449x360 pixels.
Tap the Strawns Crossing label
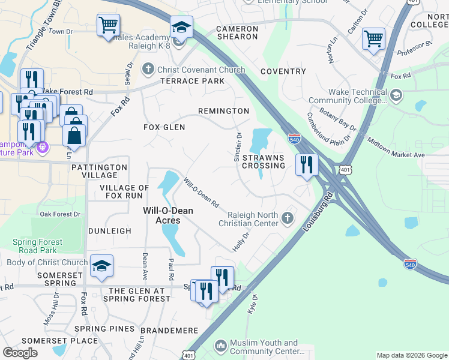[264, 161]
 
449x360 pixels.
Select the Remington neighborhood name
[223, 111]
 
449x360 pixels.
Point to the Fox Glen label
[164, 127]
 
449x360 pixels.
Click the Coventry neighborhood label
[283, 71]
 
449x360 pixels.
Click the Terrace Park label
[191, 81]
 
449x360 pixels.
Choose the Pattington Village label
[98, 171]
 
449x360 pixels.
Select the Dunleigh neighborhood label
[109, 230]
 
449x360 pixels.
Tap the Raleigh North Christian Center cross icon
[288, 217]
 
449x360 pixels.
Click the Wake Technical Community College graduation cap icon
[396, 95]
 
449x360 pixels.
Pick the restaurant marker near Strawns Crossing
[307, 163]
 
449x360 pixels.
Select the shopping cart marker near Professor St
[373, 38]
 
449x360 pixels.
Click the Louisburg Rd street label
[318, 212]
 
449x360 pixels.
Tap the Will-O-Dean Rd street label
[201, 192]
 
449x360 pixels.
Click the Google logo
[20, 353]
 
